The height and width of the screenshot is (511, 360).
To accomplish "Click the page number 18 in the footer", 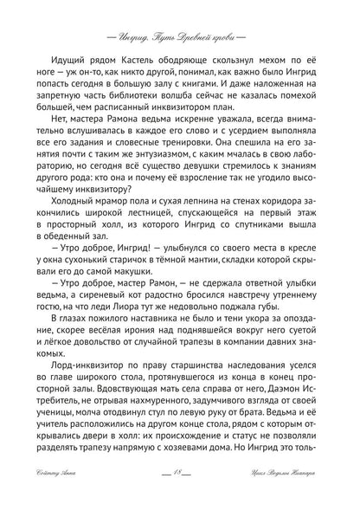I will point(180,494).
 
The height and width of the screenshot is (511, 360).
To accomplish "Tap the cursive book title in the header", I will point(179,17).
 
